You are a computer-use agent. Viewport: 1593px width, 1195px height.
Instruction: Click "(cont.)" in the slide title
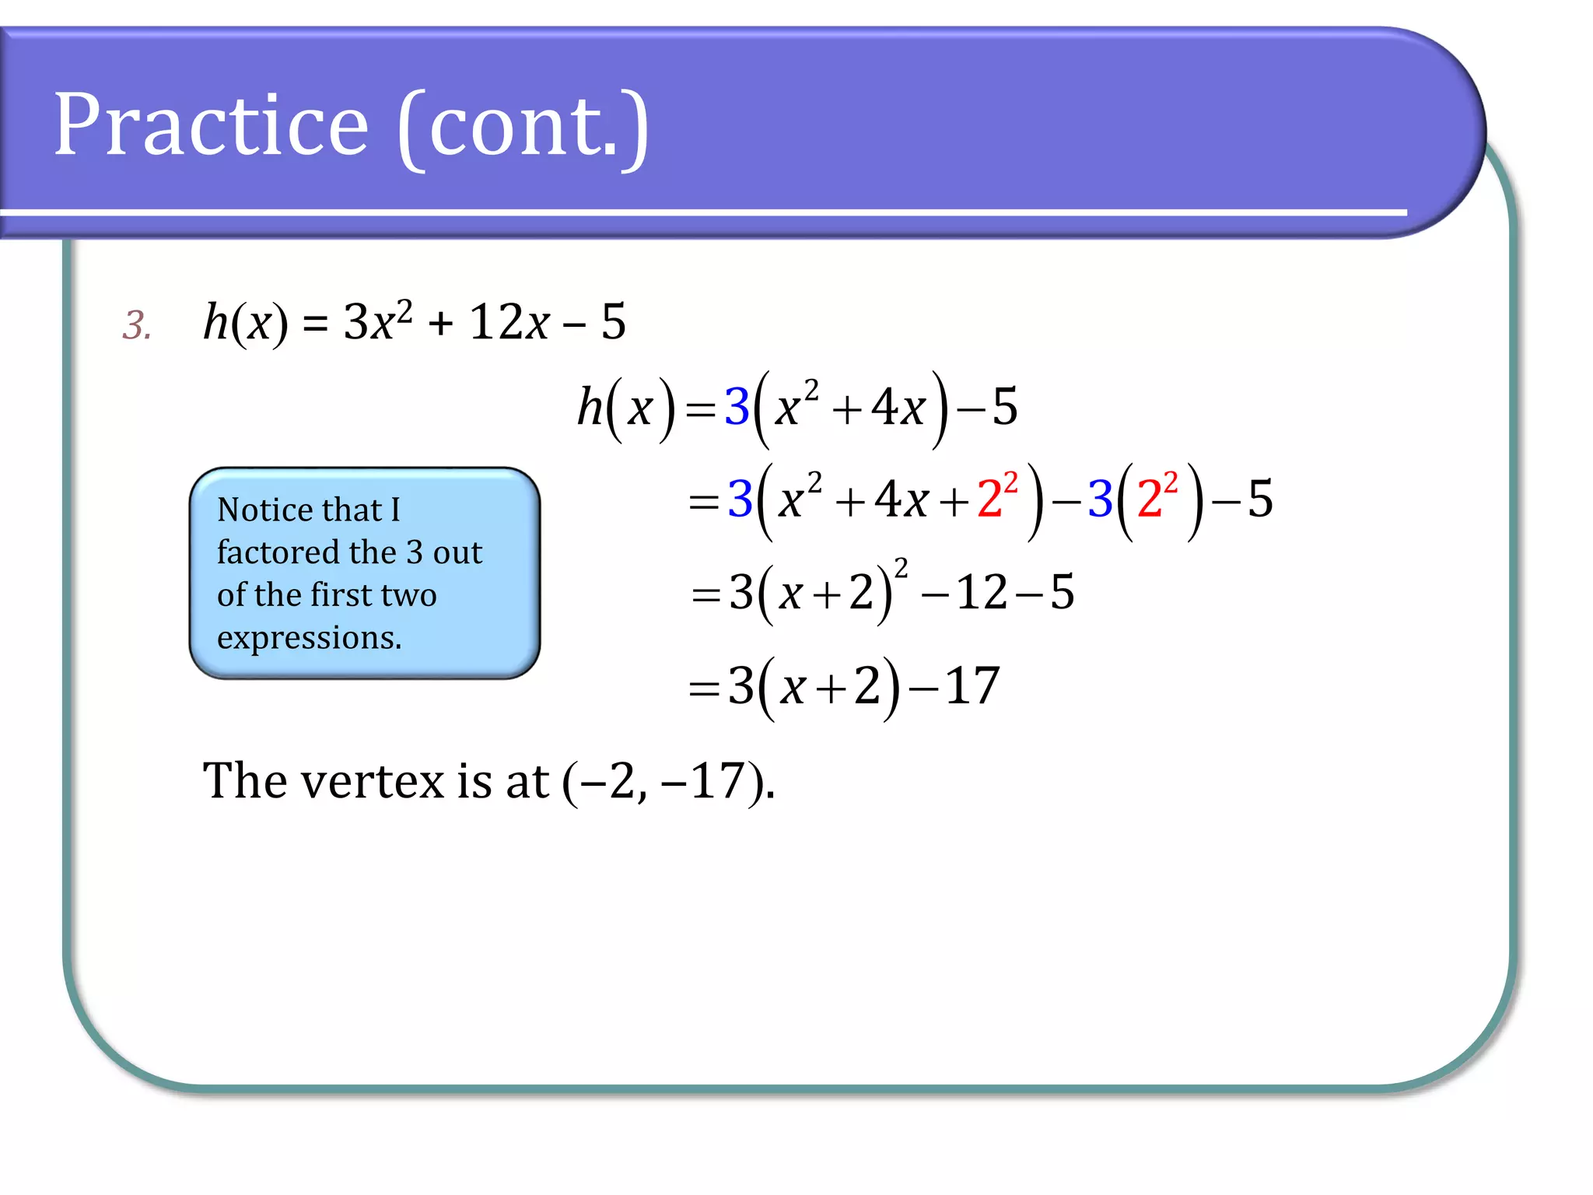pyautogui.click(x=523, y=127)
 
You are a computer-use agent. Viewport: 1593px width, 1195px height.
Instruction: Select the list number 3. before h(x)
pyautogui.click(x=137, y=325)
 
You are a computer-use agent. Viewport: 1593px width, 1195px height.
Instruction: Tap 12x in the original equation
pyautogui.click(x=509, y=322)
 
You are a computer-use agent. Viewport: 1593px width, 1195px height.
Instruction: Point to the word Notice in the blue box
pyautogui.click(x=261, y=510)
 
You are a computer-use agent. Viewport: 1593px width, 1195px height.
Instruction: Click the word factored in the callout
pyautogui.click(x=277, y=552)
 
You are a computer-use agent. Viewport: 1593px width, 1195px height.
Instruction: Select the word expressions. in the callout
pyautogui.click(x=309, y=638)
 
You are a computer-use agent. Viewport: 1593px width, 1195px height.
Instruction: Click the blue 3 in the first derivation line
pyautogui.click(x=737, y=407)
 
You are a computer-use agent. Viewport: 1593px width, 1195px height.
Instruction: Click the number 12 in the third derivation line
pyautogui.click(x=982, y=593)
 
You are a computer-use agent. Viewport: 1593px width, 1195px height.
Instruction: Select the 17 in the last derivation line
pyautogui.click(x=972, y=686)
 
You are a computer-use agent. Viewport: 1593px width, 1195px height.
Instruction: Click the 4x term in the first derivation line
pyautogui.click(x=898, y=408)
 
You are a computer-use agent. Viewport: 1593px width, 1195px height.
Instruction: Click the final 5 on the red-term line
pyautogui.click(x=1260, y=499)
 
